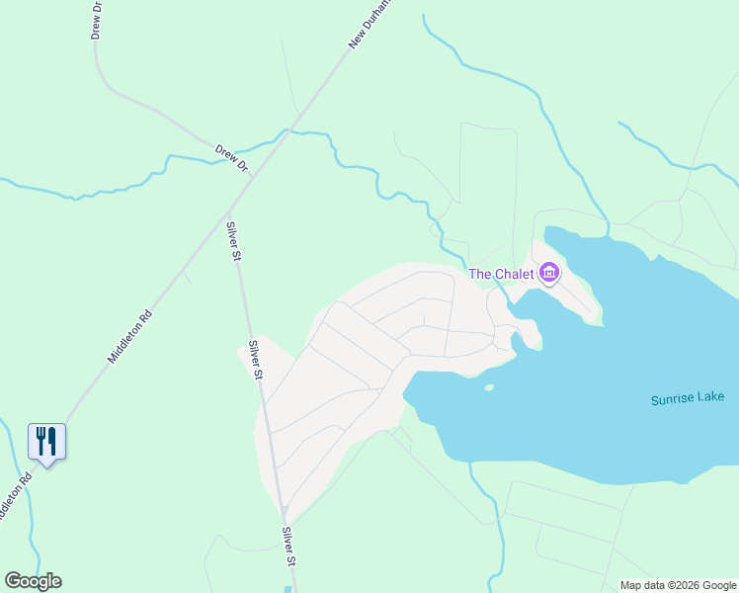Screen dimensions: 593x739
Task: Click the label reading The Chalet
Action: point(501,274)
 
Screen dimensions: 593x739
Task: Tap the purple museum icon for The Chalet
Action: point(549,273)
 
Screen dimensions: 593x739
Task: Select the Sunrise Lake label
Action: point(688,398)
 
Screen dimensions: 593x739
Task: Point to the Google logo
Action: point(33,581)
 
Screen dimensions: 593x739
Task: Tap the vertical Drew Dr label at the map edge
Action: point(97,19)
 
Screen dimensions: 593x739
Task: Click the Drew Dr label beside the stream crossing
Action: point(231,158)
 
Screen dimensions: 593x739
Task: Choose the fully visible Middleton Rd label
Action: point(129,337)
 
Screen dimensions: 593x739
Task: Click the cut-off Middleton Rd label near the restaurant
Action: point(14,497)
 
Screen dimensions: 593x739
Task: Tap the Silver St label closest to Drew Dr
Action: point(234,241)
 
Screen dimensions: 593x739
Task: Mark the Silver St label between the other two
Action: point(255,360)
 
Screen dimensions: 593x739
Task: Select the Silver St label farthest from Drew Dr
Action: point(289,547)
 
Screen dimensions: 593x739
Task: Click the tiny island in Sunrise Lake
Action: point(488,387)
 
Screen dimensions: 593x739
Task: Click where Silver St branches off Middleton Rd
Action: point(228,211)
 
